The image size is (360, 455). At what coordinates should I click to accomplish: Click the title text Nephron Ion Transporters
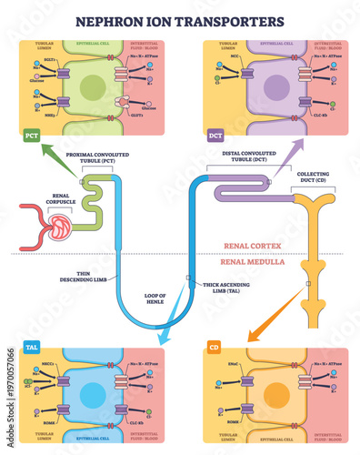[x=180, y=18]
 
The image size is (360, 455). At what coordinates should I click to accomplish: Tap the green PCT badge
[x=33, y=136]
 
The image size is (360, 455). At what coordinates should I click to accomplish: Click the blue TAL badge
[x=30, y=348]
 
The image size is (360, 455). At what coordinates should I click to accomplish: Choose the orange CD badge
[x=215, y=348]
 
